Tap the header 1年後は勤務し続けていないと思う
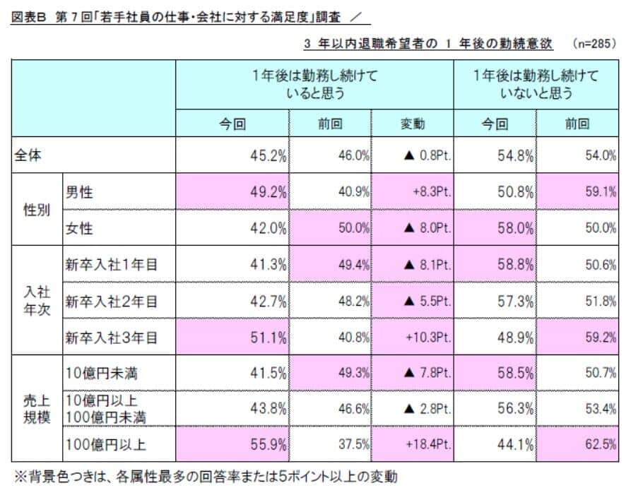click(x=536, y=84)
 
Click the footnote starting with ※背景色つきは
click(x=205, y=477)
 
